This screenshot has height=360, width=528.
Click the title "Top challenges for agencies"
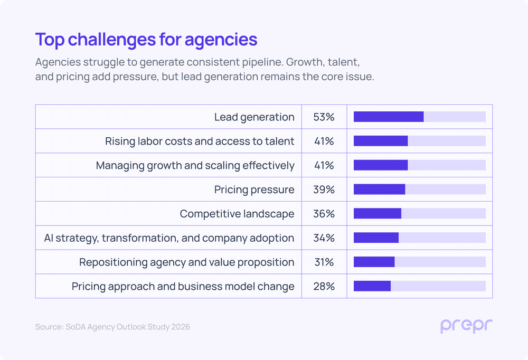(146, 40)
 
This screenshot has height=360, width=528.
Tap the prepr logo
(466, 326)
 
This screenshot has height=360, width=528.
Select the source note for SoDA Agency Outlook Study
(112, 327)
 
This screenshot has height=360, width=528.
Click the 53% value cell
(324, 117)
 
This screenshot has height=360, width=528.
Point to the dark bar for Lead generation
(389, 117)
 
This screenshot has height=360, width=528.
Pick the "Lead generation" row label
(254, 117)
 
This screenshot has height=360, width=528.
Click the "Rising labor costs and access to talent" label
(200, 141)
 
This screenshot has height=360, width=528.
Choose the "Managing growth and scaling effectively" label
(195, 166)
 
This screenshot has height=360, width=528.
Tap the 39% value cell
(324, 190)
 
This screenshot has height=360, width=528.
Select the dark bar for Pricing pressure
(379, 190)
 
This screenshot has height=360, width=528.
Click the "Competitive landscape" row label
(237, 214)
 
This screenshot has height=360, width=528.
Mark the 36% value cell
(324, 214)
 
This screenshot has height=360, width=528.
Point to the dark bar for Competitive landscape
(378, 214)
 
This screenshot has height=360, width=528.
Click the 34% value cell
(324, 238)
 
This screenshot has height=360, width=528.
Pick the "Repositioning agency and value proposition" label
(186, 262)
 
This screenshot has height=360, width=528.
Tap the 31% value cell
(324, 262)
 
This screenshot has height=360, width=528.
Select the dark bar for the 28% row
(372, 286)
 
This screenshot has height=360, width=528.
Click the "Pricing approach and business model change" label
(183, 287)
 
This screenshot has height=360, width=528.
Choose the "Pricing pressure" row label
(254, 190)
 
